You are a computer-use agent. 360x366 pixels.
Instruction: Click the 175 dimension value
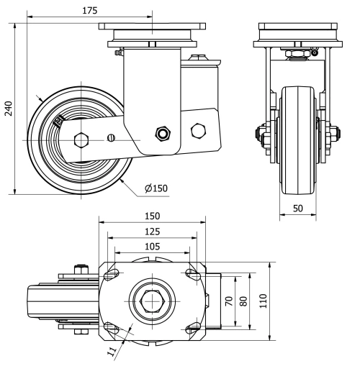(90, 11)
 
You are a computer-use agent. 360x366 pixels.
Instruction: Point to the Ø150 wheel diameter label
(156, 188)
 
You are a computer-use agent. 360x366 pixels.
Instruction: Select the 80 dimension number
(243, 301)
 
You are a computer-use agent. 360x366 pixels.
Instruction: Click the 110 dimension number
(264, 301)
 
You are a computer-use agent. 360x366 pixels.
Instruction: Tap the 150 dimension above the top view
(152, 216)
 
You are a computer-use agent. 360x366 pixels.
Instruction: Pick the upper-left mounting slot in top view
(111, 274)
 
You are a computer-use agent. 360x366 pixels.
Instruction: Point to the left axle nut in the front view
(259, 134)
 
